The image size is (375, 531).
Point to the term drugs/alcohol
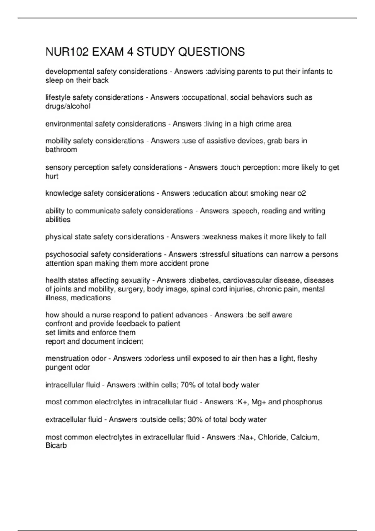[68, 106]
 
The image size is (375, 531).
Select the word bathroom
[61, 150]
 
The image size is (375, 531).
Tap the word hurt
[52, 176]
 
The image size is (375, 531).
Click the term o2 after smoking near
[302, 193]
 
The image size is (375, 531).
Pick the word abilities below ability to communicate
[58, 220]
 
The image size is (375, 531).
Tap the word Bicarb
[56, 446]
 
